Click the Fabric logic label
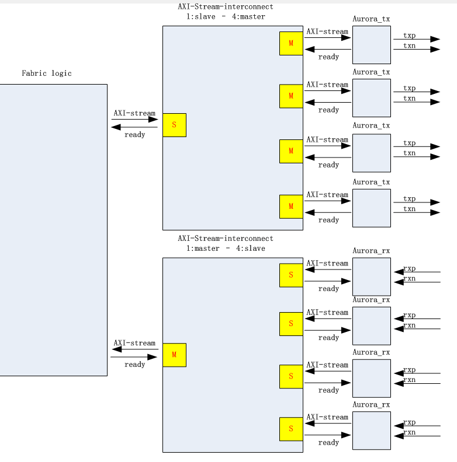click(47, 73)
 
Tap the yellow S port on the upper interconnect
click(174, 125)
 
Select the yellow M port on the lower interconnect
click(174, 355)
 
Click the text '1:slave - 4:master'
click(226, 17)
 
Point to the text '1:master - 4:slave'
click(226, 249)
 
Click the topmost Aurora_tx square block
click(371, 45)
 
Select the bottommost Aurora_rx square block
click(371, 430)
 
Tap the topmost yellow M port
click(291, 44)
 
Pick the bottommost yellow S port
click(291, 429)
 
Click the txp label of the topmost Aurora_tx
click(409, 36)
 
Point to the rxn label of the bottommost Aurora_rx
click(409, 432)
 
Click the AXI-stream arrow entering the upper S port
click(135, 120)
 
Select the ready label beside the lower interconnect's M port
click(134, 365)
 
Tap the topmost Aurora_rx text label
click(371, 251)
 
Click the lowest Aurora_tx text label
click(371, 182)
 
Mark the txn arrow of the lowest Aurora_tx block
click(416, 212)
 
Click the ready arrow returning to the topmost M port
click(327, 50)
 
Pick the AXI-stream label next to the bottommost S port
click(327, 417)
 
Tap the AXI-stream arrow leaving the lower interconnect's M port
click(135, 349)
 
